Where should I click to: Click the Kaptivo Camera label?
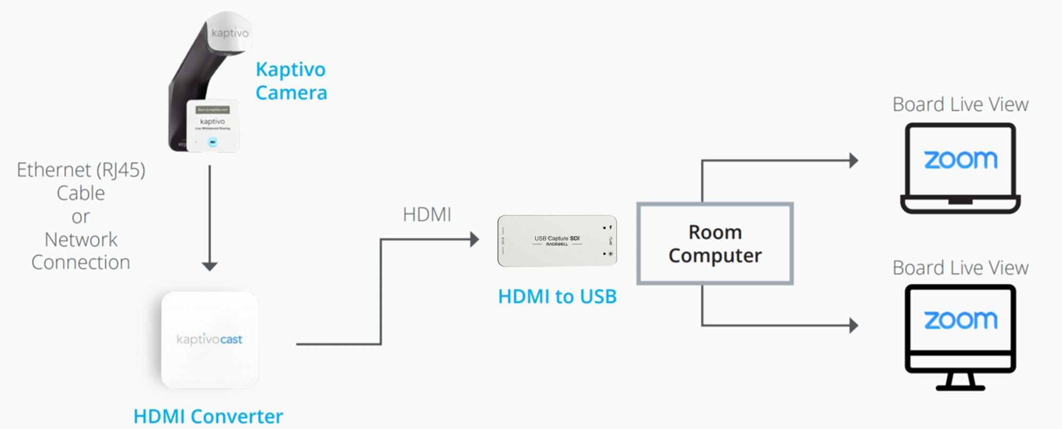click(x=291, y=81)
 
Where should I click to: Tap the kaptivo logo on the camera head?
click(x=229, y=33)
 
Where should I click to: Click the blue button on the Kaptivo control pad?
click(x=212, y=142)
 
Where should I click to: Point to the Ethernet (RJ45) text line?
click(x=81, y=170)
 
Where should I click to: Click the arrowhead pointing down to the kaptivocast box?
click(x=210, y=266)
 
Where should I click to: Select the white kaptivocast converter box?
click(x=210, y=339)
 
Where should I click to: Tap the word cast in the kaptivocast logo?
click(x=231, y=339)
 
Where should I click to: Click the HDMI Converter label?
click(x=208, y=416)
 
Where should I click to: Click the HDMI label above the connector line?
click(x=427, y=215)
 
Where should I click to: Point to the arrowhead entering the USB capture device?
click(x=474, y=240)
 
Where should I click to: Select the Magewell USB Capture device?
click(x=557, y=241)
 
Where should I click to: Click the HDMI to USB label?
click(x=557, y=296)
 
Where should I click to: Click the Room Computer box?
click(x=715, y=243)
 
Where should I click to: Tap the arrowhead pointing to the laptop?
click(x=853, y=160)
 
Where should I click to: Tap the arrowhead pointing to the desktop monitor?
click(x=853, y=325)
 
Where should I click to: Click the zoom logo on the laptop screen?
click(x=961, y=160)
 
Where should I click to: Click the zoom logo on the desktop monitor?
click(x=961, y=320)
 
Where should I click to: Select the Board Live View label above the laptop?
click(x=960, y=104)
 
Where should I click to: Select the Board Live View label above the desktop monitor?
click(x=960, y=268)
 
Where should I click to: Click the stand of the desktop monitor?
click(x=960, y=381)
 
